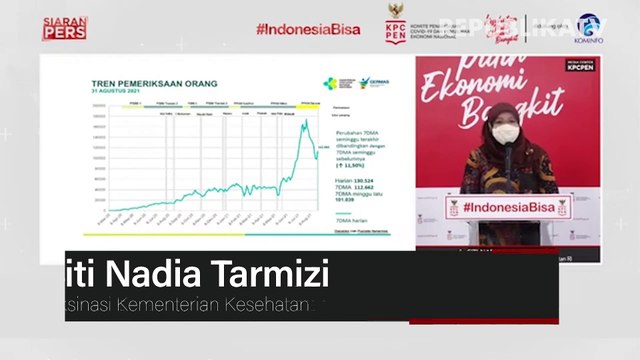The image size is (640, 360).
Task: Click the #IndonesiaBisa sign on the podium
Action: [x=501, y=205]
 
